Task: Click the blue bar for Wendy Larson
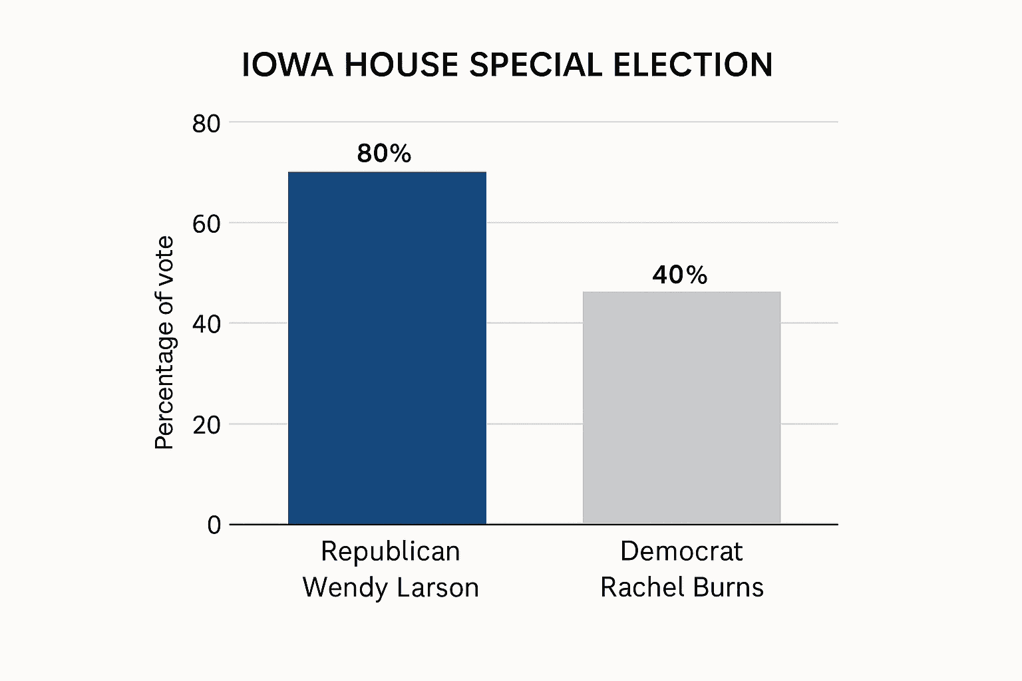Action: (387, 348)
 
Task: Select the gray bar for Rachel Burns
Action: (681, 407)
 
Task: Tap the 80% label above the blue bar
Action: (384, 154)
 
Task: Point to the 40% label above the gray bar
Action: (679, 275)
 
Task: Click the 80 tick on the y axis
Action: (206, 124)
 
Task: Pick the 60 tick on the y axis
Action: (206, 224)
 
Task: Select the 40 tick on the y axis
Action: (206, 325)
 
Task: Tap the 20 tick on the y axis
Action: (206, 425)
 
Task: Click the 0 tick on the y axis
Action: (214, 525)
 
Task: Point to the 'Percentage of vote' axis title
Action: (164, 342)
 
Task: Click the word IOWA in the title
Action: (287, 65)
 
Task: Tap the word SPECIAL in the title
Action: (536, 65)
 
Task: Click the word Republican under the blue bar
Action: (390, 551)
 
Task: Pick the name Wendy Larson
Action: (391, 587)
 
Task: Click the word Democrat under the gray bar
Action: (681, 551)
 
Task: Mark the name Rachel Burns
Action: (681, 587)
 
